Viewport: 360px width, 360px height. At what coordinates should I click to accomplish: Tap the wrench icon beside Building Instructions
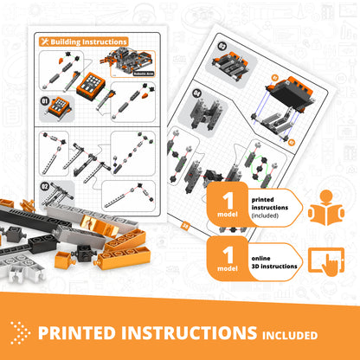coord(45,41)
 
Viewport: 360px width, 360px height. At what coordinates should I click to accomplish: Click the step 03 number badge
coord(197,44)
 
